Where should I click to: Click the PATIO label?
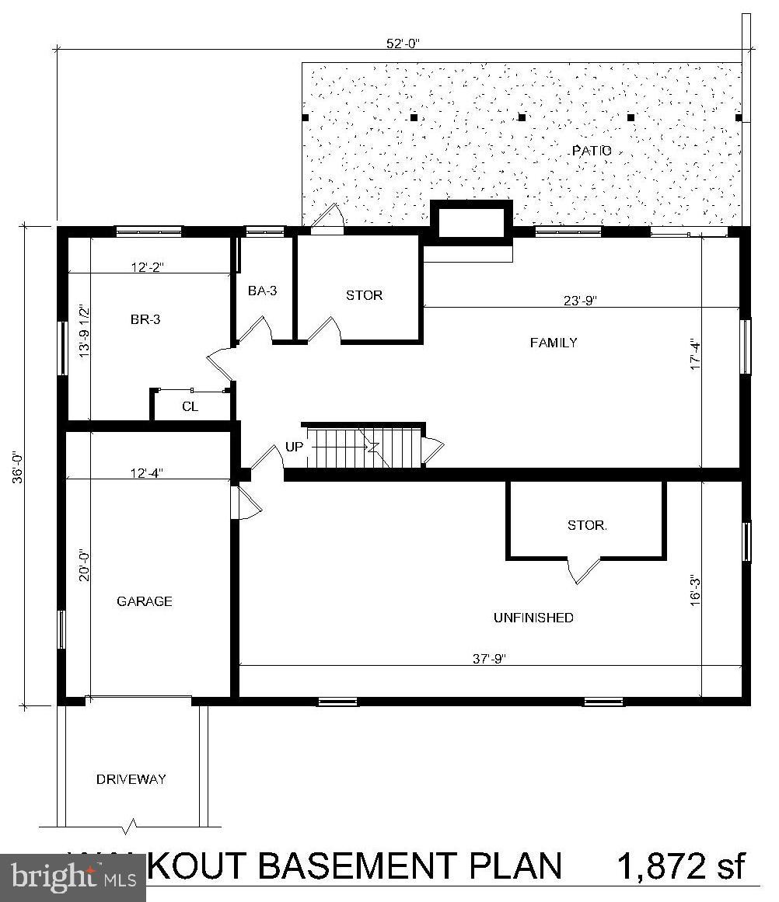(x=592, y=151)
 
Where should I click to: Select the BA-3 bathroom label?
(x=262, y=291)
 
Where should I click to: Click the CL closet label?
(x=190, y=406)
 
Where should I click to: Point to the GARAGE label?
(x=144, y=601)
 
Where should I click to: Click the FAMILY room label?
(x=554, y=343)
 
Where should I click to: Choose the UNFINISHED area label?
(x=533, y=618)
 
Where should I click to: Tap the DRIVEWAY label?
(x=131, y=779)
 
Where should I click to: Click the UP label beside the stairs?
(x=295, y=448)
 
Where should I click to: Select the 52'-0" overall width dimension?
(x=405, y=44)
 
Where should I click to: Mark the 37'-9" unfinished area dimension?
(x=489, y=658)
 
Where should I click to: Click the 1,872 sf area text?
(x=681, y=865)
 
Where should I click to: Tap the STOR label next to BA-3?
(x=364, y=295)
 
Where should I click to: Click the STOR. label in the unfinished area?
(x=587, y=525)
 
